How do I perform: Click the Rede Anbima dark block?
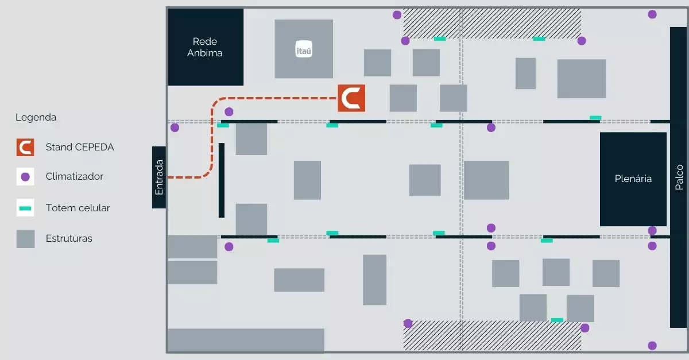pyautogui.click(x=206, y=47)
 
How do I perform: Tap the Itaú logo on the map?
pyautogui.click(x=303, y=49)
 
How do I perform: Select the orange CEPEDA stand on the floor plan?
pyautogui.click(x=351, y=98)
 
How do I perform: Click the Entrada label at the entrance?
pyautogui.click(x=159, y=177)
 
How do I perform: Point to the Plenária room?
pyautogui.click(x=633, y=179)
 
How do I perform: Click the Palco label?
pyautogui.click(x=679, y=177)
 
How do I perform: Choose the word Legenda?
pyautogui.click(x=36, y=117)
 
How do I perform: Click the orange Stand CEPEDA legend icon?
pyautogui.click(x=25, y=147)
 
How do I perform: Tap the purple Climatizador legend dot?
pyautogui.click(x=25, y=177)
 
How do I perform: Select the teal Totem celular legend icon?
pyautogui.click(x=25, y=208)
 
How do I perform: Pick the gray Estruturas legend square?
pyautogui.click(x=25, y=238)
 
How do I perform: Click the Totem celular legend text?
pyautogui.click(x=78, y=208)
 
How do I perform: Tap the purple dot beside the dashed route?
pyautogui.click(x=229, y=111)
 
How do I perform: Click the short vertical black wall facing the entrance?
pyautogui.click(x=222, y=180)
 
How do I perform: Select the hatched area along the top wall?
pyautogui.click(x=492, y=24)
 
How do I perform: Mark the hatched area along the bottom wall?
pyautogui.click(x=492, y=335)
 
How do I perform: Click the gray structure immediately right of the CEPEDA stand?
pyautogui.click(x=403, y=98)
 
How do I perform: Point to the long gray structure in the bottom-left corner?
pyautogui.click(x=246, y=340)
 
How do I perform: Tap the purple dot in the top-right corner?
pyautogui.click(x=652, y=14)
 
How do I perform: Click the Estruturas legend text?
pyautogui.click(x=69, y=238)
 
